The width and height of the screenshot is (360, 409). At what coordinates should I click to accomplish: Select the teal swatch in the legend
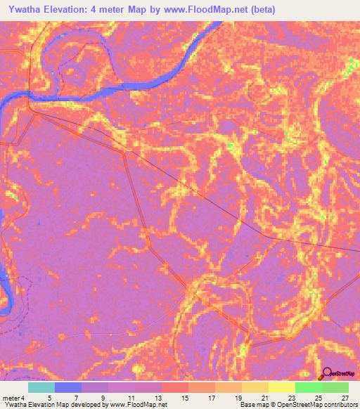41,387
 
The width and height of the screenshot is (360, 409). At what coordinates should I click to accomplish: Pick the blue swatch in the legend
68,387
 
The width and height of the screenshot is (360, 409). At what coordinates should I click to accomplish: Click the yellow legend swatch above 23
282,387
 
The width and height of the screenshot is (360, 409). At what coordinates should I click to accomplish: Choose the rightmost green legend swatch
335,387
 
